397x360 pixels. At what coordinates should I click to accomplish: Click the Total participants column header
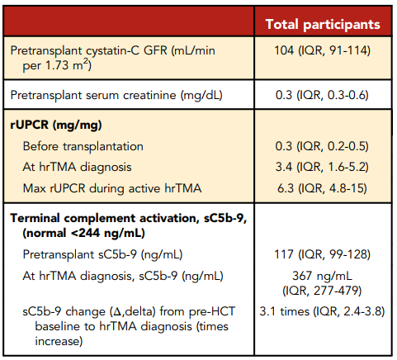pos(323,24)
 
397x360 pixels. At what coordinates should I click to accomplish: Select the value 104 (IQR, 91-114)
pos(323,50)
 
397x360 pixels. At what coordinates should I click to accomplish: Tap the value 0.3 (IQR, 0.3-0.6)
pos(322,95)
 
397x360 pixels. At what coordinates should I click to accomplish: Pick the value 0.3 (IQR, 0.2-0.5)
pos(322,146)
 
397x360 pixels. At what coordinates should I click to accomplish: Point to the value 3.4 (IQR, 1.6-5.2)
pos(322,167)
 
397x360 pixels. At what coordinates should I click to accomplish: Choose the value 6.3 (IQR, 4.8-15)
pos(322,188)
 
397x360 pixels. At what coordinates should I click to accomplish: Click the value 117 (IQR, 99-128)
pos(323,254)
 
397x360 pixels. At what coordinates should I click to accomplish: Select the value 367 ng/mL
pos(322,276)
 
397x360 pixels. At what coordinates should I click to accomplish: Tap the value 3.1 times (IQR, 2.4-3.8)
pos(322,311)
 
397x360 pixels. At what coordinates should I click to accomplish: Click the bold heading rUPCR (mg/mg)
pos(56,126)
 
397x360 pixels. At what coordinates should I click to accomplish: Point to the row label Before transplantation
pos(83,146)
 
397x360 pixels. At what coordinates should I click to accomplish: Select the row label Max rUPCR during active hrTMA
pos(112,188)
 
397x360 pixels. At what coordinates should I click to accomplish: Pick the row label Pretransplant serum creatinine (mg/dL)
pos(116,95)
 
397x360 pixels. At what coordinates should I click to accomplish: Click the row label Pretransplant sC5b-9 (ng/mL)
pos(102,254)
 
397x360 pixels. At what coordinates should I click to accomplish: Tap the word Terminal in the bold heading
pos(35,218)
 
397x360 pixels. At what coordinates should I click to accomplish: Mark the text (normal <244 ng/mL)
pos(83,233)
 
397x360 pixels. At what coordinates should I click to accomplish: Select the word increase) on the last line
pos(59,341)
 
